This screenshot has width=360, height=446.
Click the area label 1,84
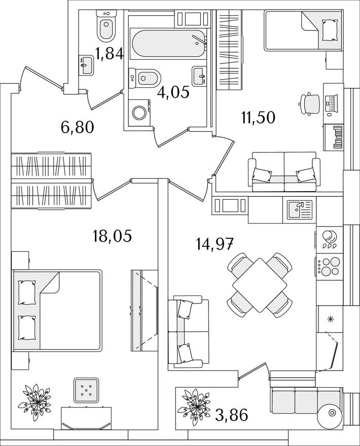pyautogui.click(x=110, y=53)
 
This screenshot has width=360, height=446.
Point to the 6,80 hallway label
pyautogui.click(x=78, y=127)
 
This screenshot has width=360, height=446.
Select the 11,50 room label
pyautogui.click(x=258, y=118)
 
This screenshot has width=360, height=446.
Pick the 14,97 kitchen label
pyautogui.click(x=214, y=245)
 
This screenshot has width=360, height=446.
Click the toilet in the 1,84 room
pyautogui.click(x=106, y=28)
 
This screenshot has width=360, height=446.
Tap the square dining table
pyautogui.click(x=260, y=284)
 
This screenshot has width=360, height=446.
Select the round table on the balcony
pyautogui.click(x=333, y=415)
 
